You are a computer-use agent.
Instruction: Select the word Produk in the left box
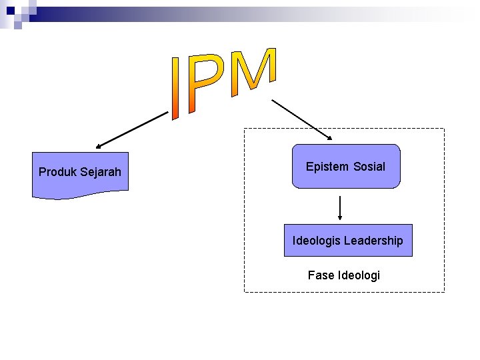point(57,172)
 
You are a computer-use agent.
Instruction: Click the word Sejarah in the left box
point(101,172)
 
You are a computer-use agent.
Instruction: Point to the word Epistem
point(327,167)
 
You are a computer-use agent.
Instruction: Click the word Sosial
point(369,167)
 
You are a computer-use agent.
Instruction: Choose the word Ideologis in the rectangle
point(315,241)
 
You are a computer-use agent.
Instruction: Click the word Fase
point(321,275)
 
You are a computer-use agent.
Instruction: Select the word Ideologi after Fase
point(359,275)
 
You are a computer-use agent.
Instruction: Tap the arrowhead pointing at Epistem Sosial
point(329,137)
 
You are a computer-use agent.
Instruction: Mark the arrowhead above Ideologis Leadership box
point(341,217)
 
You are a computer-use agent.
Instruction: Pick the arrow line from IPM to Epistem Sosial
point(300,118)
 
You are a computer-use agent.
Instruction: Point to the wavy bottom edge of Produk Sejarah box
point(80,195)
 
